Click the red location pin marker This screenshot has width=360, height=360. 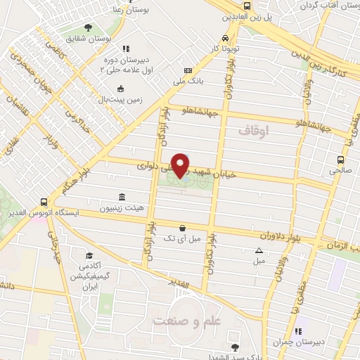pyautogui.click(x=181, y=165)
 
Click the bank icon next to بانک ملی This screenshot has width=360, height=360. pyautogui.click(x=188, y=70)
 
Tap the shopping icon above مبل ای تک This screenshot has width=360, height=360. pyautogui.click(x=182, y=227)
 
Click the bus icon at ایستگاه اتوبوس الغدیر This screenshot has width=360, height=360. pyautogui.click(x=44, y=200)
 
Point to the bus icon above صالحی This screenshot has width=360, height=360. pyautogui.click(x=341, y=159)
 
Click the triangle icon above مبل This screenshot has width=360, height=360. pyautogui.click(x=259, y=250)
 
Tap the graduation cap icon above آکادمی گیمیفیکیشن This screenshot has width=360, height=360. pyautogui.click(x=89, y=255)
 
